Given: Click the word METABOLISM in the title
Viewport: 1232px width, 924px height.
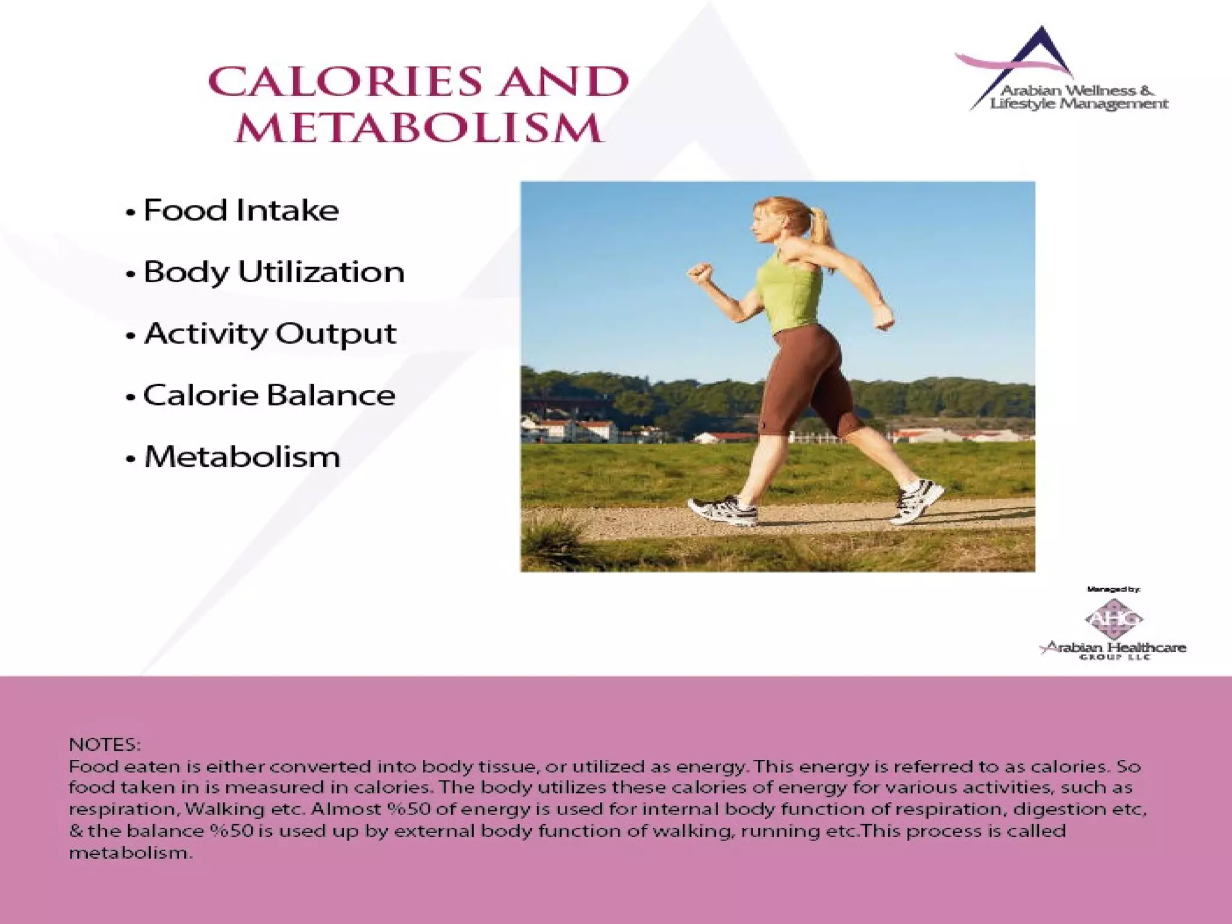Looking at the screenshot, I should click(419, 128).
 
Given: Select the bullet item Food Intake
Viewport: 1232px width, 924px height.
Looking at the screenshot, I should click(241, 211).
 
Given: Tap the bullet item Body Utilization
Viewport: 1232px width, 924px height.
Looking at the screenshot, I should click(274, 272).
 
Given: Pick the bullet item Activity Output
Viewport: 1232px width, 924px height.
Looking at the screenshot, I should click(270, 334).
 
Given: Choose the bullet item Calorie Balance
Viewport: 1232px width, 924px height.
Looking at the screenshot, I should click(269, 395).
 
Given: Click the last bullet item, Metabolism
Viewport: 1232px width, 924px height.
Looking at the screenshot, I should click(242, 457).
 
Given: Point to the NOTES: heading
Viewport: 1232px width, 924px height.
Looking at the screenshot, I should click(105, 745).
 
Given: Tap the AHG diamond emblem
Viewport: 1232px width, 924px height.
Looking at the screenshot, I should click(1113, 618).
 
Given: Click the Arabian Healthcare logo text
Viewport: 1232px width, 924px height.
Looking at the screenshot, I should click(1113, 648).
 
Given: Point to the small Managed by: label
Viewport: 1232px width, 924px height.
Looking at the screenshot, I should click(1113, 590).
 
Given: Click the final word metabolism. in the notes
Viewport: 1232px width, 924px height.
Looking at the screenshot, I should click(131, 853).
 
